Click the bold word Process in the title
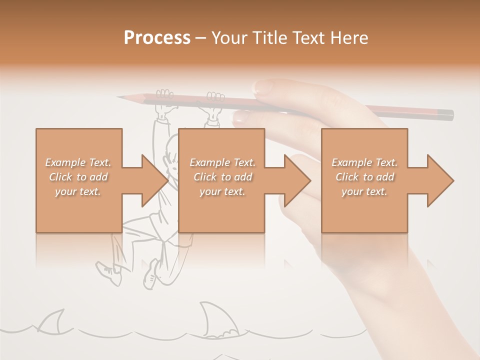[157, 38]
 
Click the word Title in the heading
[269, 38]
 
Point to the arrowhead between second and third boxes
[296, 180]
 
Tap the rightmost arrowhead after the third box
[439, 180]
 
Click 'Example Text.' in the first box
[78, 162]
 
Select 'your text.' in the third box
[364, 191]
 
